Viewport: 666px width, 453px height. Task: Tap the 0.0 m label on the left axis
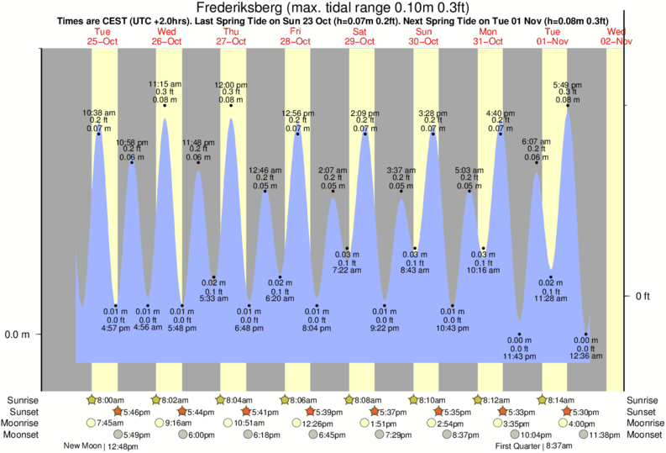17,334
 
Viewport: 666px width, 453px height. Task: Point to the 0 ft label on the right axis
644,296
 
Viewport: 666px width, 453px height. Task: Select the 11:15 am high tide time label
165,84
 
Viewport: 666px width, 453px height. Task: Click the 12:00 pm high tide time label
231,85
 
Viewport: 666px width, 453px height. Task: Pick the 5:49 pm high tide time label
568,85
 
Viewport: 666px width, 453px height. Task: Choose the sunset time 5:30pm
583,412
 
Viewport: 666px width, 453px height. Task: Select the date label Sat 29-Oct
359,36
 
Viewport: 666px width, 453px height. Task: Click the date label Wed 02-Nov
616,36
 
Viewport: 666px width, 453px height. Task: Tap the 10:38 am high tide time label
98,113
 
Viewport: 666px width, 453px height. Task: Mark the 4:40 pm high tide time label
501,113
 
